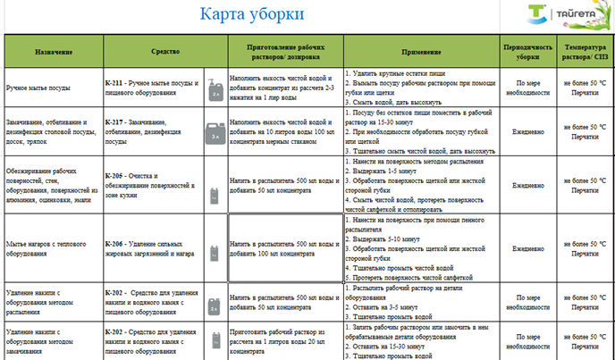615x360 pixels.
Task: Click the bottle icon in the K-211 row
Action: tap(215, 89)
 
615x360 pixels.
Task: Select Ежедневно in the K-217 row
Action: tap(521, 127)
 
